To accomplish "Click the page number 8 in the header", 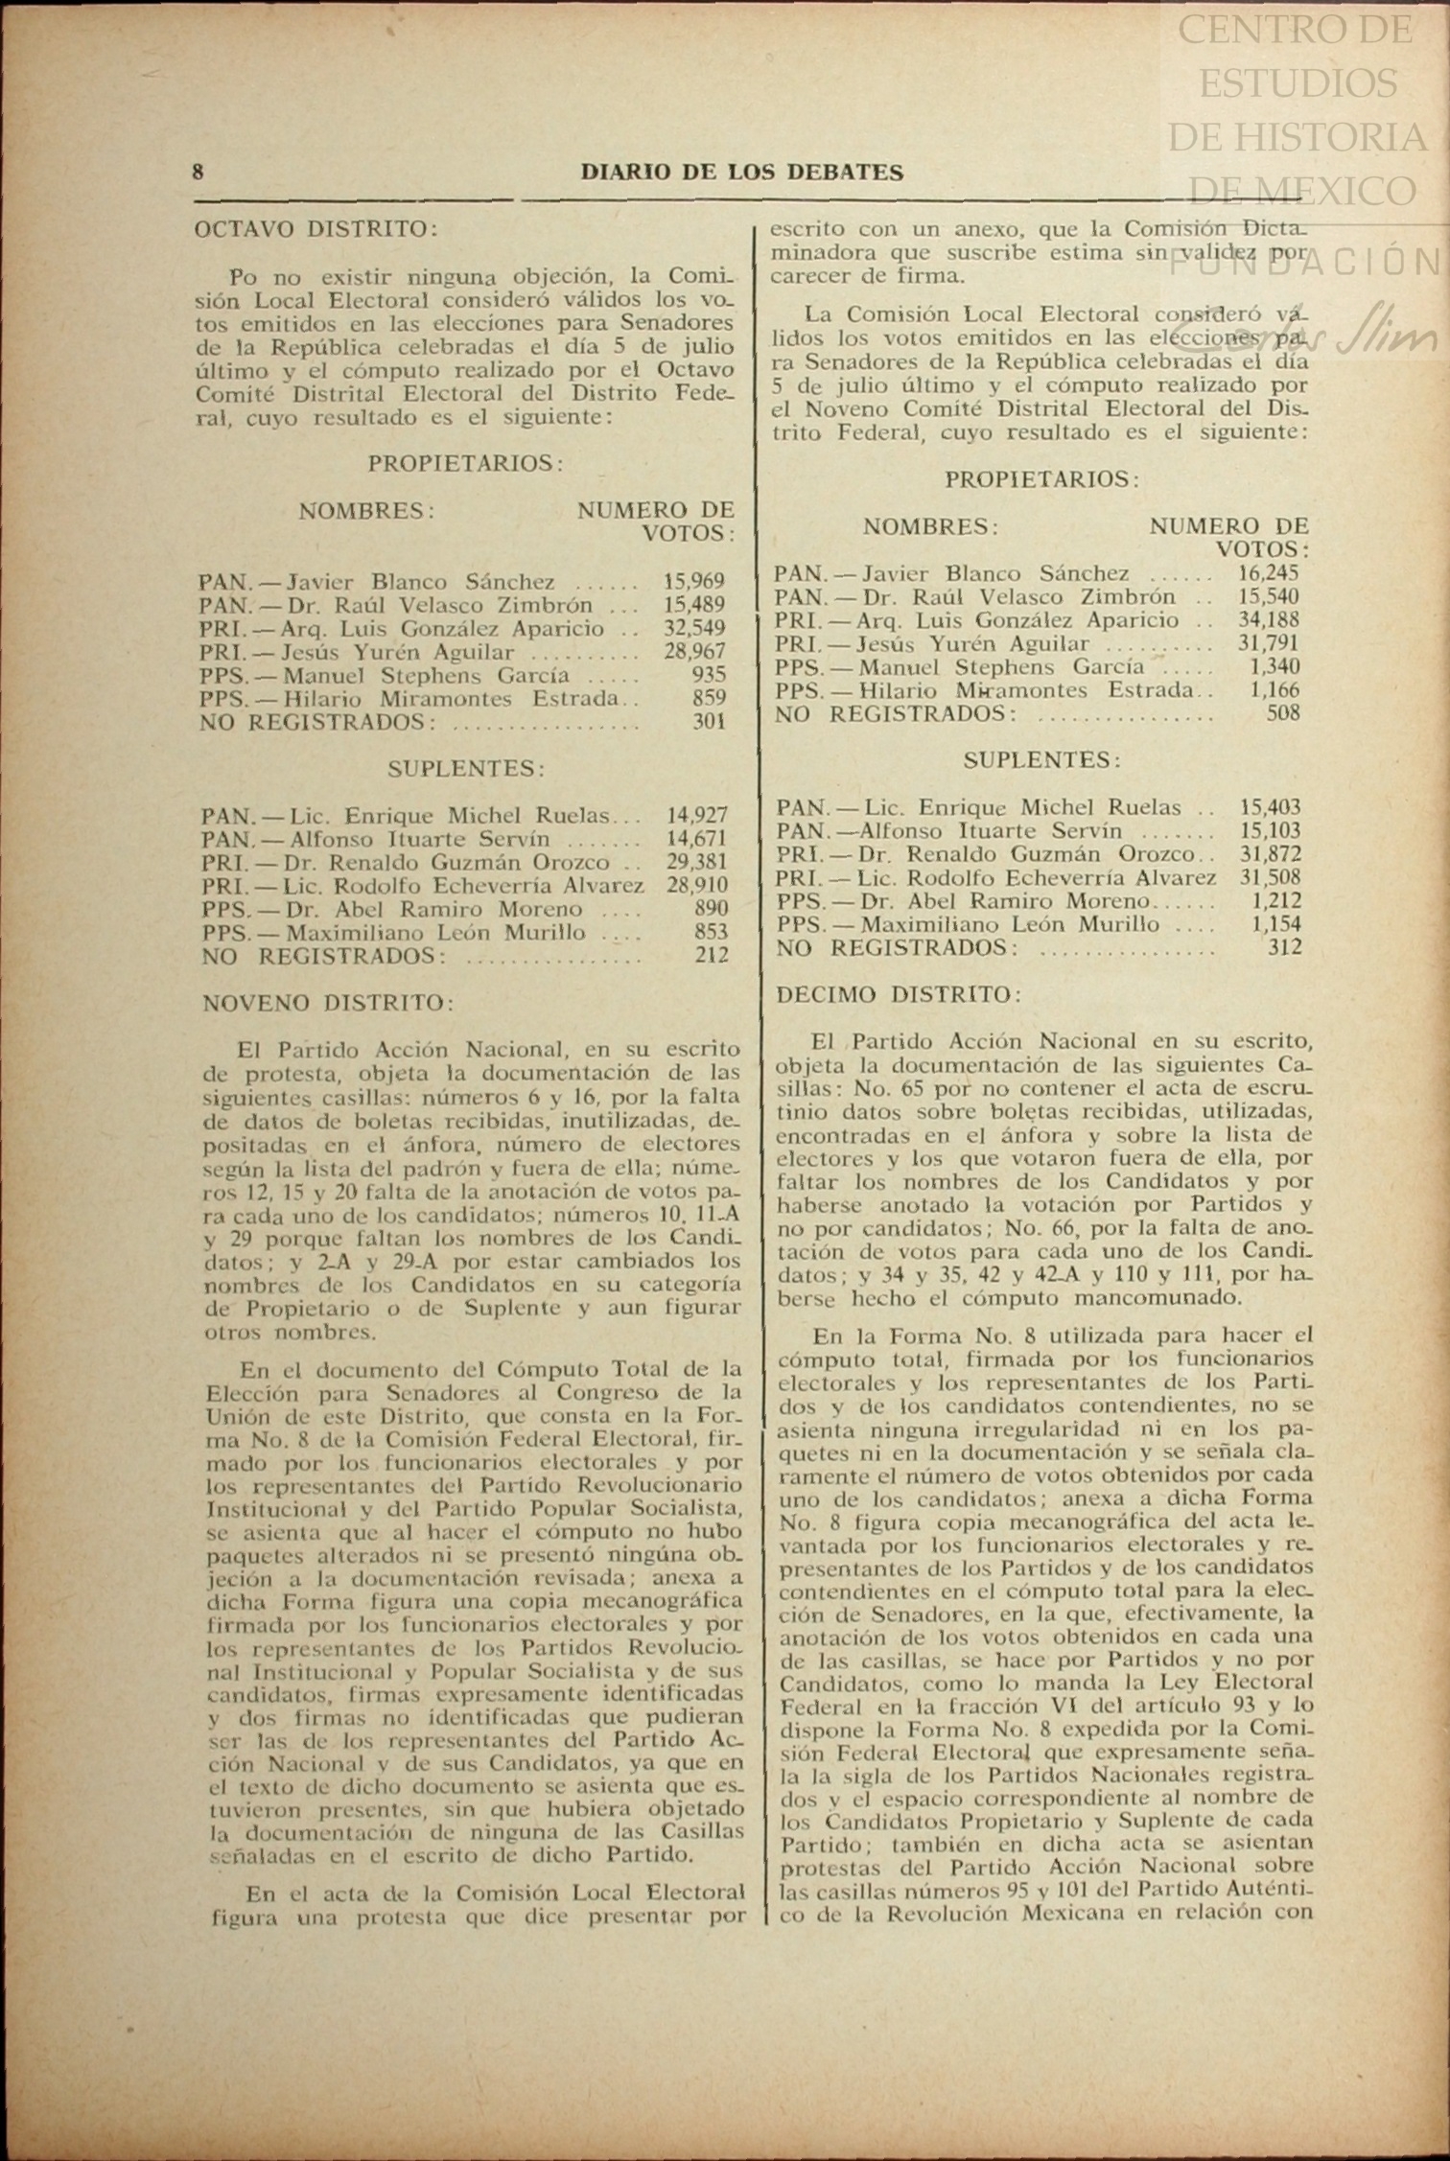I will click(199, 173).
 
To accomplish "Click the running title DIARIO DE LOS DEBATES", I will click(741, 173).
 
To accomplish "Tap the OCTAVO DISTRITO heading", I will click(316, 230).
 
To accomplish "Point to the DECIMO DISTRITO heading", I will click(899, 994).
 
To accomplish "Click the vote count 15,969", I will click(693, 581).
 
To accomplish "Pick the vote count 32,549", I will click(693, 629).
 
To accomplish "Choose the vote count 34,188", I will click(1268, 620).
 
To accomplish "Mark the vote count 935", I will click(709, 675).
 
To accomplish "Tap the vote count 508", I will click(1283, 713).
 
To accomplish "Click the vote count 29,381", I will click(696, 862).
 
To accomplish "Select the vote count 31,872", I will click(1270, 854).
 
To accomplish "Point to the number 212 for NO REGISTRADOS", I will click(712, 955).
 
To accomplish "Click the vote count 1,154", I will click(1276, 924).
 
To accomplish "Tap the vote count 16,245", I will click(1268, 573).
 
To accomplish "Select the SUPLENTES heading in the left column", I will click(466, 769).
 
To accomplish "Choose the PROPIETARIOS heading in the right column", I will click(1041, 479).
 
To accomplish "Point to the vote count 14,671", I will click(696, 839).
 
